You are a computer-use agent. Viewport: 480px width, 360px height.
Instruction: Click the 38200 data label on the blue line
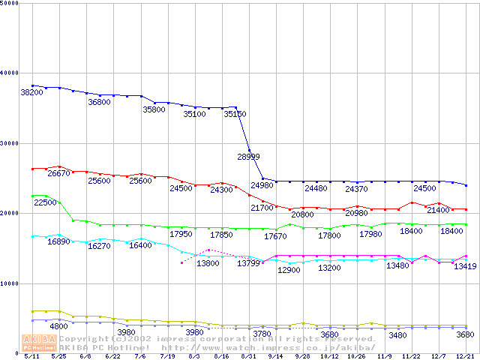point(31,92)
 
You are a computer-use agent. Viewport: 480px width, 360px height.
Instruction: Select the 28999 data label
point(248,157)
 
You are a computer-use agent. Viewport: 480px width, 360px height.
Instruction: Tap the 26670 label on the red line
point(58,173)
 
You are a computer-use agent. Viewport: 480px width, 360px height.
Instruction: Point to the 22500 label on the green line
point(45,202)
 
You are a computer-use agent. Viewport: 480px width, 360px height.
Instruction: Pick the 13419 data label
point(465,267)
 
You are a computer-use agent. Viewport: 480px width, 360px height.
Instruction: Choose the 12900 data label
point(289,270)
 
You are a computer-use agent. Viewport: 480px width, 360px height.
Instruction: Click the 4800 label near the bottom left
point(58,327)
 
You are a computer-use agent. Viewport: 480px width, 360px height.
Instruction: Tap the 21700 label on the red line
point(262,208)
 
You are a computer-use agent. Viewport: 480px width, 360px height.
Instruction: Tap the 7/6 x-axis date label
point(139,357)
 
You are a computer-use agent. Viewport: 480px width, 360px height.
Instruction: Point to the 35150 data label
point(235,115)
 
